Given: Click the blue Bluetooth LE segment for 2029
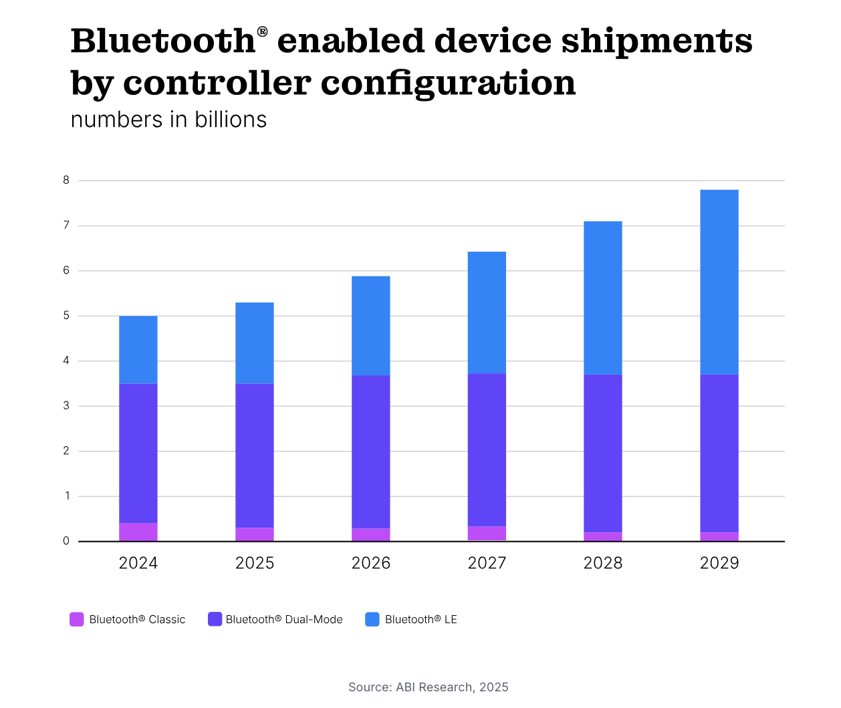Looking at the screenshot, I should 719,282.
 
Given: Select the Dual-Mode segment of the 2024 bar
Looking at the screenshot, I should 138,453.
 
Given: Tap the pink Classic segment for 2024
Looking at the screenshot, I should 138,532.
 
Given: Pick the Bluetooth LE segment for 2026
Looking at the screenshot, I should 371,325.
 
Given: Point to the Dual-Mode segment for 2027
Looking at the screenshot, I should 487,450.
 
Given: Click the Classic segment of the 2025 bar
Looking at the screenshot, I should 255,534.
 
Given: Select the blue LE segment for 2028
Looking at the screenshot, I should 603,297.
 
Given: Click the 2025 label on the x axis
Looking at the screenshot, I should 255,563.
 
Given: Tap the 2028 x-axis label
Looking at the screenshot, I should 603,563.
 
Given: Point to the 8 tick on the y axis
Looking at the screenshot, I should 66,180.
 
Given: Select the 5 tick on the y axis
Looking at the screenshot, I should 66,315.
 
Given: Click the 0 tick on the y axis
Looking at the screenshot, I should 66,541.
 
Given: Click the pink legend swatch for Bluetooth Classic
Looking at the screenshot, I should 77,619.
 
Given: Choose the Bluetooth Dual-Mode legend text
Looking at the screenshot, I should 284,620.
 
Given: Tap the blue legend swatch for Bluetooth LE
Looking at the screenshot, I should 372,619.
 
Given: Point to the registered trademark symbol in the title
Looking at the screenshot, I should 262,31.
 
